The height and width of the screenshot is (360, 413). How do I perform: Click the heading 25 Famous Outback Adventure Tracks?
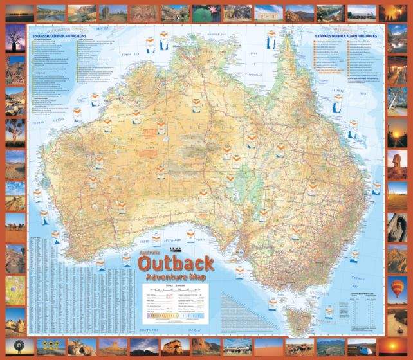point(345,35)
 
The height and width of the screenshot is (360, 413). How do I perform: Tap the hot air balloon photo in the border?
point(398,286)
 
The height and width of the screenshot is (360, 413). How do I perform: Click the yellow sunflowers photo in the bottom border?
point(46,346)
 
